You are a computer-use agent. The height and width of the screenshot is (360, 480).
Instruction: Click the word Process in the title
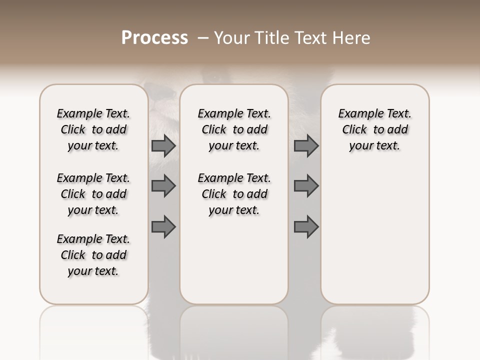tap(154, 38)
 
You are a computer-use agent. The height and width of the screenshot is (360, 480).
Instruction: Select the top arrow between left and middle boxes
tap(163, 146)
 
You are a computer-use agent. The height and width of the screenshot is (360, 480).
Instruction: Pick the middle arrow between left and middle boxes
tap(163, 186)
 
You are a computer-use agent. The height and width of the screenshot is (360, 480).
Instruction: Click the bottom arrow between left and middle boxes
tap(163, 227)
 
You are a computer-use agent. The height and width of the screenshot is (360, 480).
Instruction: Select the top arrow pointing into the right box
tap(306, 146)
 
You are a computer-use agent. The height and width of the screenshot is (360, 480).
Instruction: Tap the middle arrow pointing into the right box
tap(306, 186)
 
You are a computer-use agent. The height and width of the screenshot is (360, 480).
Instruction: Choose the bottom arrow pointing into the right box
tap(306, 227)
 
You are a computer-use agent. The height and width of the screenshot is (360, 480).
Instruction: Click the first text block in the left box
tap(93, 129)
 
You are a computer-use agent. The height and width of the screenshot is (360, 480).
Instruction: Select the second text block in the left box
tap(93, 194)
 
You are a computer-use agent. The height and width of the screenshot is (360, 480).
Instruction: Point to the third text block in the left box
tap(93, 255)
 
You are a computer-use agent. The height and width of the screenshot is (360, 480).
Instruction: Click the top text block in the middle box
tap(234, 129)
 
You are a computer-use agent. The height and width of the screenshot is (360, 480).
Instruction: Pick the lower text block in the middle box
tap(234, 194)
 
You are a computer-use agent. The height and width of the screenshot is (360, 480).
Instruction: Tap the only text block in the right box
tap(374, 129)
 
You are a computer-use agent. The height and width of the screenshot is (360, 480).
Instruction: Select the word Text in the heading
tap(309, 38)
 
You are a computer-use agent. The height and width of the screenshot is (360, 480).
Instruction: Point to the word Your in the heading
tap(231, 38)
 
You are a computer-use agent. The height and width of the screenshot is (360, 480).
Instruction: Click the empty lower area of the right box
tap(374, 235)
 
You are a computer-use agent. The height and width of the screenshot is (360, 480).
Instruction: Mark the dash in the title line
tap(203, 38)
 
